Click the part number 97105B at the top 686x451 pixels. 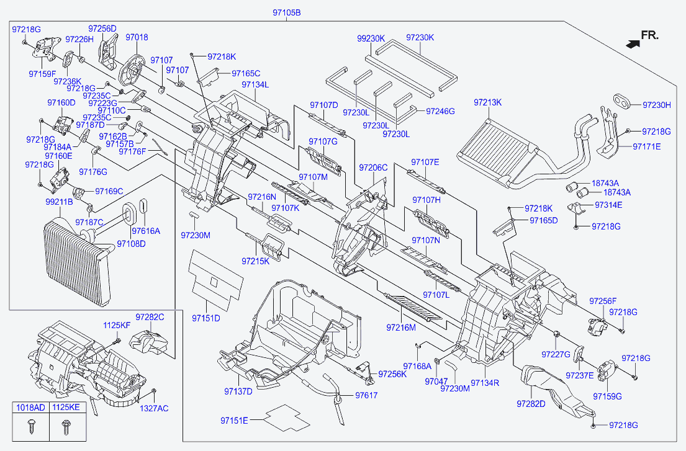[287, 12]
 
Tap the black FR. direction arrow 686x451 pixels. [633, 43]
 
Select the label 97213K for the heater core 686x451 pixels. [487, 102]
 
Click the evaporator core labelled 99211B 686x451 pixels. [77, 263]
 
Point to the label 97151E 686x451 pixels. [234, 421]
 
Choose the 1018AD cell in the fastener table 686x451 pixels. [30, 408]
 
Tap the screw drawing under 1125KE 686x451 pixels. [66, 427]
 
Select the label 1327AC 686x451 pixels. [154, 408]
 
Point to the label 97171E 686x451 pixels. [647, 146]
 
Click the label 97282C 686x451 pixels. [150, 317]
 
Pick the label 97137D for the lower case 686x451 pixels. [238, 391]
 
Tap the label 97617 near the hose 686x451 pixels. [366, 395]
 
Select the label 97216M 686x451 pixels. [401, 328]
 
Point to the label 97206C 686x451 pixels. [373, 167]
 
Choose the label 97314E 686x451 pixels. [608, 205]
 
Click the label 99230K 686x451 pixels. [371, 38]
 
